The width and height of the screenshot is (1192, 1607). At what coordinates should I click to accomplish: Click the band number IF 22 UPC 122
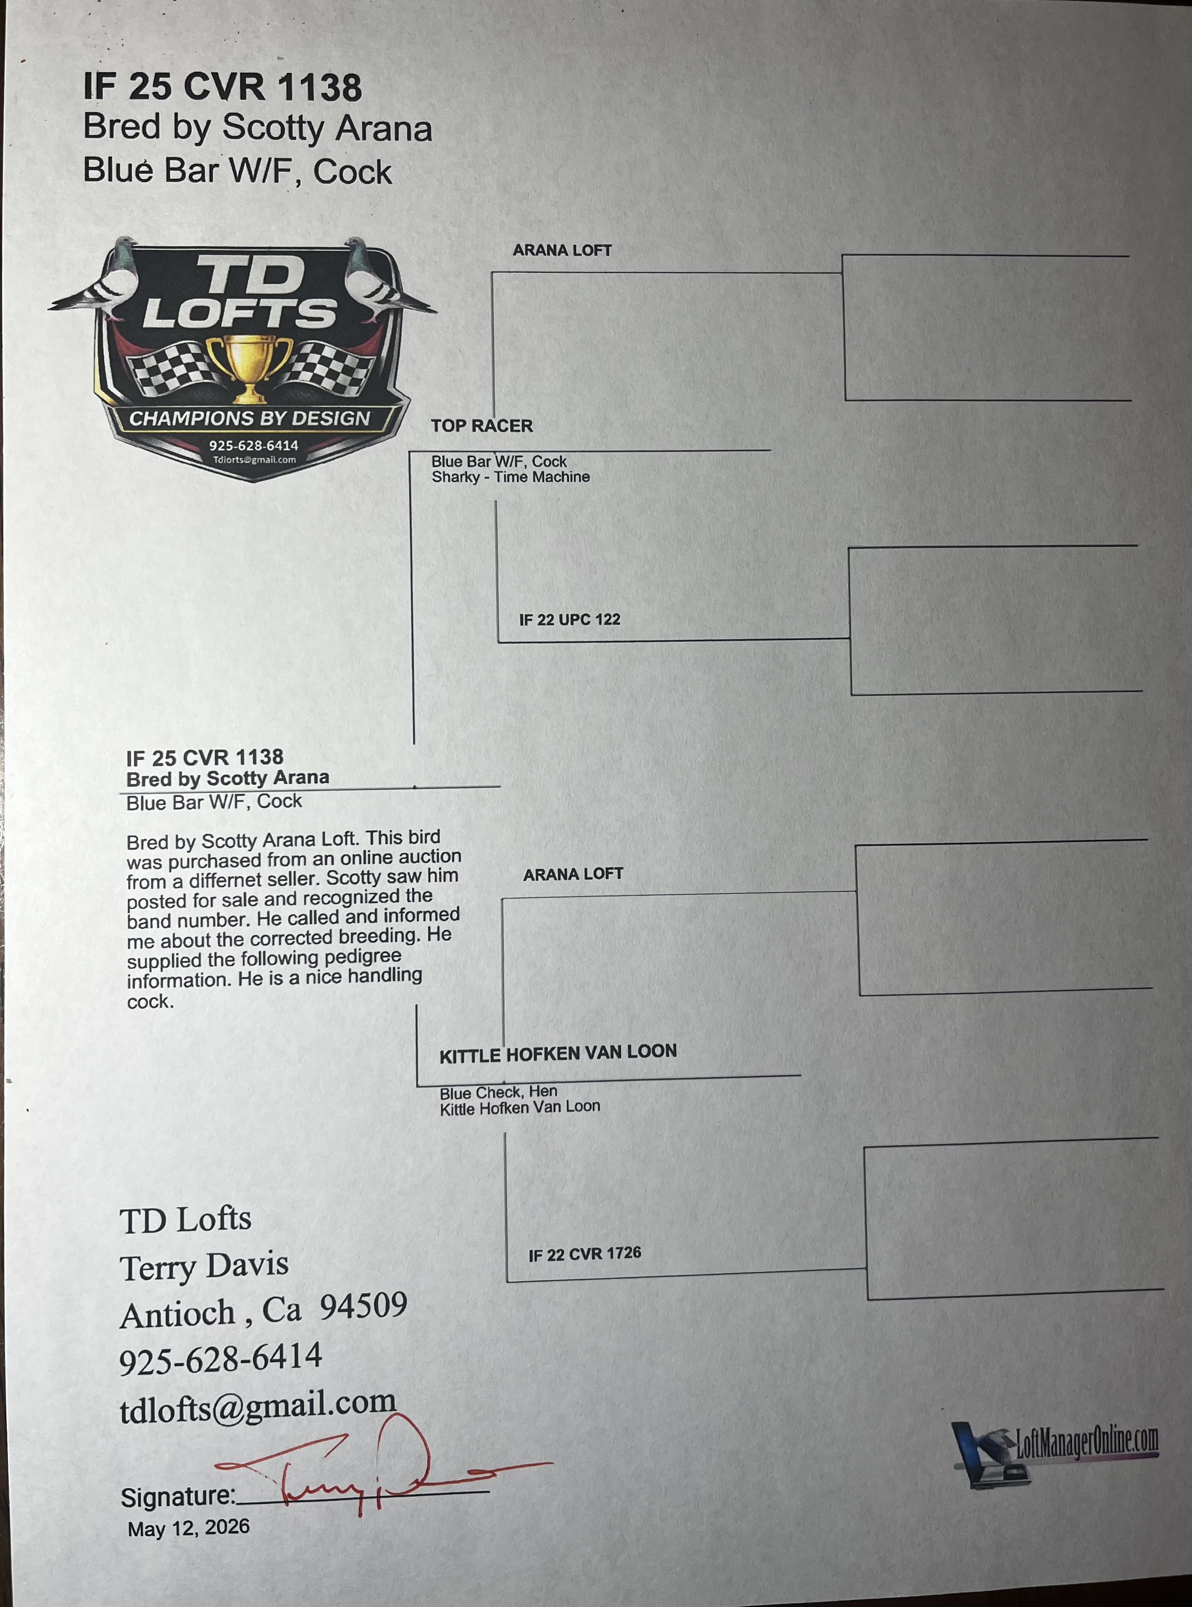(x=569, y=619)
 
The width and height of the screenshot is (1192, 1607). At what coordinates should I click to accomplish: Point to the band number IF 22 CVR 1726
(x=584, y=1254)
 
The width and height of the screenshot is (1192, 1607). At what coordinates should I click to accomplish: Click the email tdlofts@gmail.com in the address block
(x=258, y=1404)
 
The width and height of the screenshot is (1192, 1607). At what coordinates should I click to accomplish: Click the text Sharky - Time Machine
(x=510, y=477)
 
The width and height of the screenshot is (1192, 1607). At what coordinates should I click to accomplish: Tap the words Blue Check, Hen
(x=498, y=1092)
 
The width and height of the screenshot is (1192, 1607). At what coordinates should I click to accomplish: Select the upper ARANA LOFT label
(x=562, y=250)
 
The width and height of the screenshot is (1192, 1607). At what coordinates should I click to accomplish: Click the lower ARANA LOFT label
(x=573, y=874)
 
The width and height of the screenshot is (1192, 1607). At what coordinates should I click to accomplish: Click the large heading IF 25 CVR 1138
(x=222, y=87)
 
